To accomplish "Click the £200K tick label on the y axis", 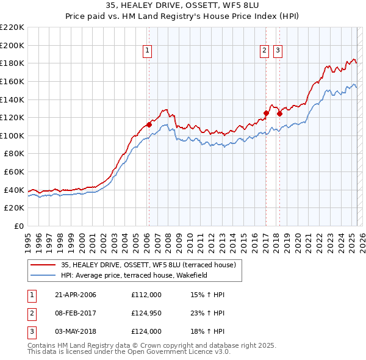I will click(13, 45).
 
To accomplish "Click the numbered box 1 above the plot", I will click(148, 51).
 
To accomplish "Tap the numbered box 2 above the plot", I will click(265, 51).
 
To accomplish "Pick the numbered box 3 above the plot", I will click(278, 51).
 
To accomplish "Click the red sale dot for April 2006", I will click(149, 124).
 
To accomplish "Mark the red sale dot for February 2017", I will click(266, 113).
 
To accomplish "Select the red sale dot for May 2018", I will click(279, 113).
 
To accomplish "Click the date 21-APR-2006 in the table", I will click(76, 295).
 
